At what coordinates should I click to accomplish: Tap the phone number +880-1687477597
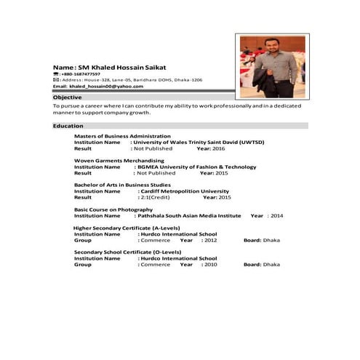81,73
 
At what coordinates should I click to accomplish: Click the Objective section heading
68,97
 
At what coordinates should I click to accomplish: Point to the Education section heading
68,126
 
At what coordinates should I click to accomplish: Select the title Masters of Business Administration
122,136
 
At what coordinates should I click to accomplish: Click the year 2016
219,148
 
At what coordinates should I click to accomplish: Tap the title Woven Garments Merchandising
119,160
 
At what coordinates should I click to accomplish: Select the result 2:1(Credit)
155,197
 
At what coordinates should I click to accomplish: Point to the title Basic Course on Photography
113,209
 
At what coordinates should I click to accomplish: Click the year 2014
277,216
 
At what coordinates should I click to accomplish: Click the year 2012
210,240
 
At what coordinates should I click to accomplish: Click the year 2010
210,265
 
